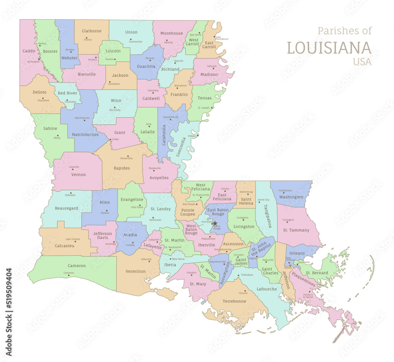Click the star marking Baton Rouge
215,223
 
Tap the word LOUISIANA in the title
329,48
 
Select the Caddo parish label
28,51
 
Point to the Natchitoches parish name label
85,135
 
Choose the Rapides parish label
122,168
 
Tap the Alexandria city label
126,158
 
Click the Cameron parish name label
76,266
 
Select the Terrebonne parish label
234,301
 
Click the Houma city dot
245,291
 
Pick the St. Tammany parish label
296,230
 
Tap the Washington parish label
291,197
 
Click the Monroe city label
150,58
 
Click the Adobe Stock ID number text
9,295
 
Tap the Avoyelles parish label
159,178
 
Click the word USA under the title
362,62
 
